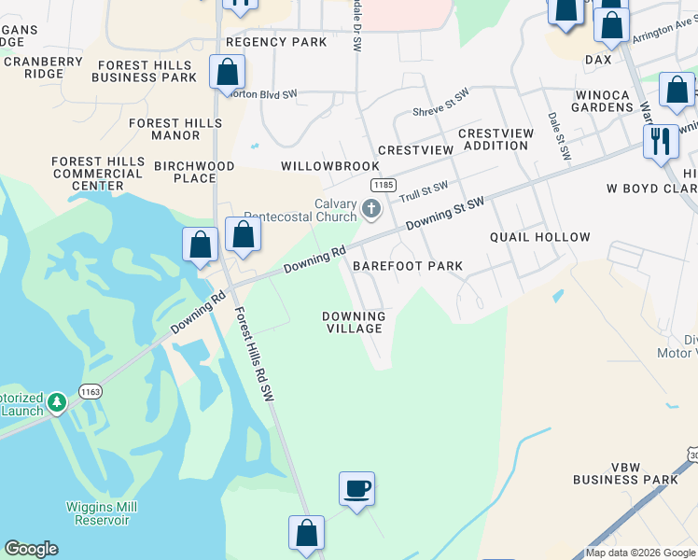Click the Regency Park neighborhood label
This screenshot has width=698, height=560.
tap(276, 42)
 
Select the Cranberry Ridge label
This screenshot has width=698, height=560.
tap(42, 67)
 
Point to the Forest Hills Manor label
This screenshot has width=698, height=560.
tap(164, 129)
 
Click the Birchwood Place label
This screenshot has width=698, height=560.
tap(194, 172)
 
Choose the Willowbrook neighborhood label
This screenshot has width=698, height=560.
tap(317, 165)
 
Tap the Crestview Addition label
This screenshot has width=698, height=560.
tap(496, 139)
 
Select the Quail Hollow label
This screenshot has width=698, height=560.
tap(540, 237)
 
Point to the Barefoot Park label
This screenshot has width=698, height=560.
tap(407, 266)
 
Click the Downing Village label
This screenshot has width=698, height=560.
tap(353, 322)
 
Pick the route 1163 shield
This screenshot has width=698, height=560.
tap(90, 393)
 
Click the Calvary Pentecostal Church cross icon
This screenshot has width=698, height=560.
tap(371, 208)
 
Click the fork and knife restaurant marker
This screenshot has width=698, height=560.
tap(661, 141)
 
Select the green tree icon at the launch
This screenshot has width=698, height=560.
tap(57, 402)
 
